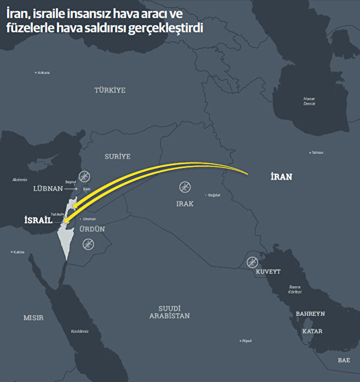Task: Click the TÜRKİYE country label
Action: coord(110,90)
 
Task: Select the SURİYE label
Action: coord(118,157)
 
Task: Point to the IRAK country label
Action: coord(185,204)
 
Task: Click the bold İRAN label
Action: coord(281,177)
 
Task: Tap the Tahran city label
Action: coord(317,153)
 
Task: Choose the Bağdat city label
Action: coord(214,195)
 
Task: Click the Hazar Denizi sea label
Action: coord(309,101)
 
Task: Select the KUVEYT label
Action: coord(268,271)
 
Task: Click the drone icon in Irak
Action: coord(185,186)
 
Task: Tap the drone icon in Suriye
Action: coord(85,176)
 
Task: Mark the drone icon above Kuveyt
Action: coord(252,262)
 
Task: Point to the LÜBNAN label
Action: coord(48,188)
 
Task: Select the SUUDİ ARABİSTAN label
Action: coord(170,312)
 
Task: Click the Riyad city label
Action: coord(246,341)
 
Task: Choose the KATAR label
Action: coord(312,331)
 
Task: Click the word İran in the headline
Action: coord(15,14)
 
